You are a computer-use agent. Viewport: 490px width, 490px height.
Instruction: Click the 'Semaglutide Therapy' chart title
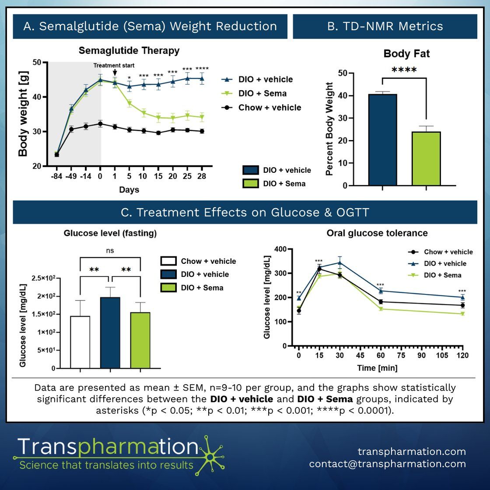pyautogui.click(x=129, y=51)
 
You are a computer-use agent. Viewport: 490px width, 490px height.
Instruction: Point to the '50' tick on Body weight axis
pyautogui.click(x=37, y=63)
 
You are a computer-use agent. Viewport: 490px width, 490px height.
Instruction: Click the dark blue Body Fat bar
pyautogui.click(x=382, y=140)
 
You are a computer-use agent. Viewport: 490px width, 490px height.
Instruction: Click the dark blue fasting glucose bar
pyautogui.click(x=110, y=332)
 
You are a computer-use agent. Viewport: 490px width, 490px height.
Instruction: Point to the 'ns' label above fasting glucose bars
pyautogui.click(x=110, y=251)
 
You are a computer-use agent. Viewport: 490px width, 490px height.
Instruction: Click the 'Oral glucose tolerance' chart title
pyautogui.click(x=377, y=233)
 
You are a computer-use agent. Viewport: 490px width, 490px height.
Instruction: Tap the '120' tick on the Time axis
pyautogui.click(x=462, y=355)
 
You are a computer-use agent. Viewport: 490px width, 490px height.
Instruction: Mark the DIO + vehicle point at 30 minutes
pyautogui.click(x=340, y=263)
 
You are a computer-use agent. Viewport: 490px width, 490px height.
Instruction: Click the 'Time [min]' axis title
pyautogui.click(x=377, y=368)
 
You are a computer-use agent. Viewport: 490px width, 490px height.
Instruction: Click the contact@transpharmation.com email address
pyautogui.click(x=387, y=464)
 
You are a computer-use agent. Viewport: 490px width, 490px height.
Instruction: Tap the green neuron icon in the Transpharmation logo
pyautogui.click(x=211, y=456)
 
